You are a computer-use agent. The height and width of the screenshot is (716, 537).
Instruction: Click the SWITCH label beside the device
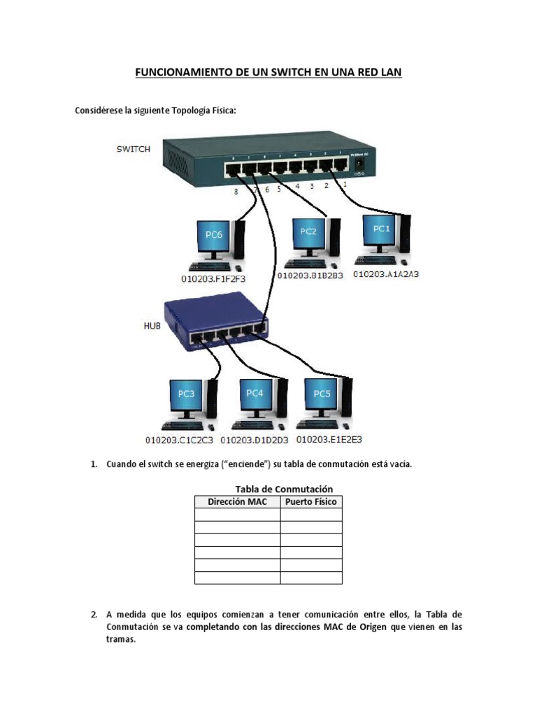point(133,149)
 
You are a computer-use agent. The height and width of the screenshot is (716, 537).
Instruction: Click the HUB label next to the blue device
point(152,325)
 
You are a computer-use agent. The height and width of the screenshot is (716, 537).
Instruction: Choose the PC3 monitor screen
point(185,397)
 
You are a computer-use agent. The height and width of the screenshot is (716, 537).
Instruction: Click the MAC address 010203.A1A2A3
point(386,275)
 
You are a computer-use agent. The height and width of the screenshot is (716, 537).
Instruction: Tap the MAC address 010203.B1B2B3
point(310,275)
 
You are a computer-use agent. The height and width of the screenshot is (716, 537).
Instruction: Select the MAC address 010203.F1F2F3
point(214,278)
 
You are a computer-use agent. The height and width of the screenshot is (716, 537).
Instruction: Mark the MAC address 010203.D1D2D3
point(255,441)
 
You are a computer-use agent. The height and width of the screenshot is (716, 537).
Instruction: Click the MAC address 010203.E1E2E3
point(329,440)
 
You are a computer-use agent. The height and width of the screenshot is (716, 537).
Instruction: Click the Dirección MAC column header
point(237,502)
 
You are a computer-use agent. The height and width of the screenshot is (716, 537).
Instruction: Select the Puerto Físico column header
point(311,502)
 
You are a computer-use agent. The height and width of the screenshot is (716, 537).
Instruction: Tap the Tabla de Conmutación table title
point(284,489)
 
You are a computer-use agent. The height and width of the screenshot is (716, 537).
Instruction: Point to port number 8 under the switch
point(236,191)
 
